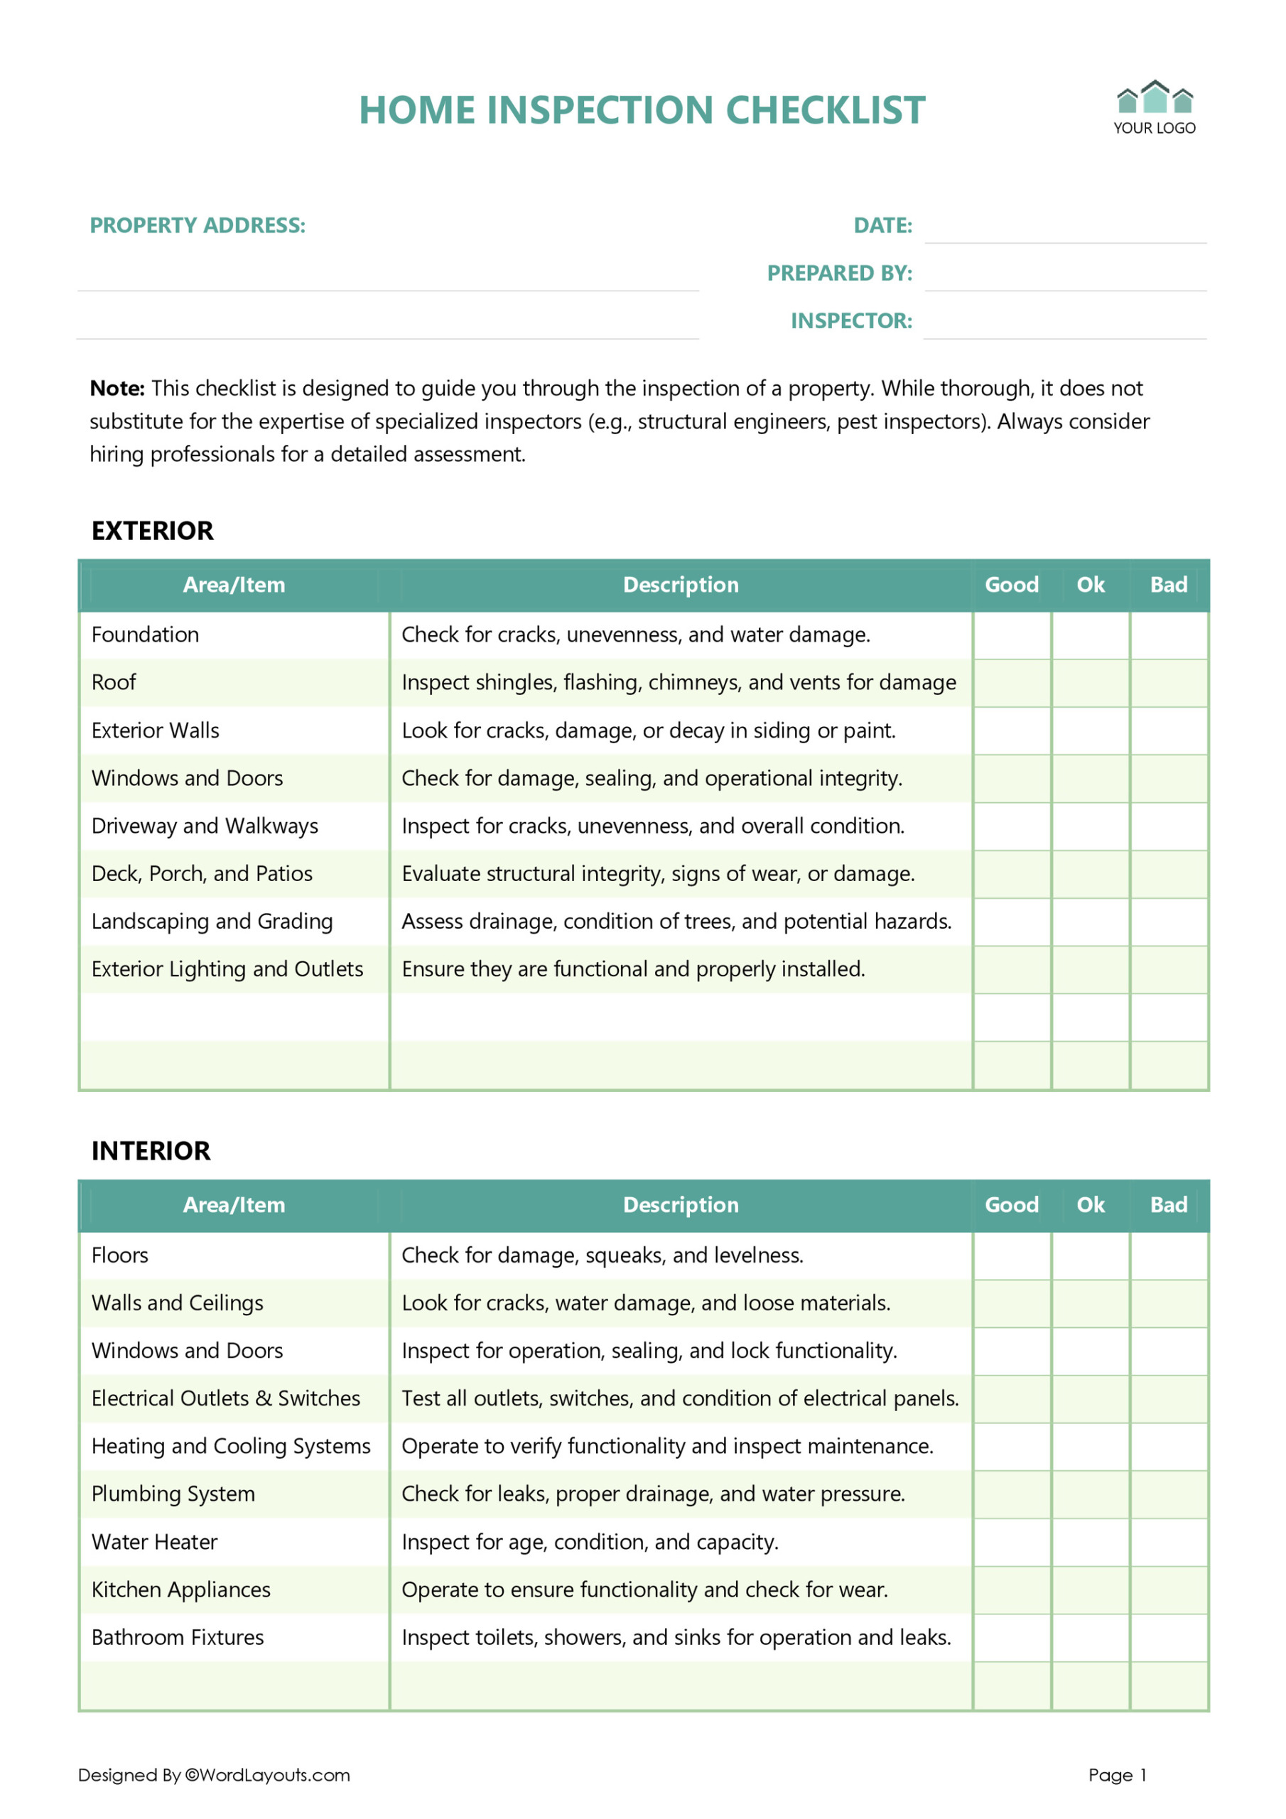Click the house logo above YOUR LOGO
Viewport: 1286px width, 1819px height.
click(1155, 98)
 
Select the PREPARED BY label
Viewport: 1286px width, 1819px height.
click(839, 274)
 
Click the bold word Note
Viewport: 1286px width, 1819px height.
click(117, 388)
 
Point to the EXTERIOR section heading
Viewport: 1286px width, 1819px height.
click(152, 531)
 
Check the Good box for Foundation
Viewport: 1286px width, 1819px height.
click(1012, 635)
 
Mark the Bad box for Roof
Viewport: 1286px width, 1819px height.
click(1169, 683)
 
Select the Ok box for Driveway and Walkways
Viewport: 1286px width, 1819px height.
click(1091, 826)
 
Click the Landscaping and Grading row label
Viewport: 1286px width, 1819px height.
click(212, 922)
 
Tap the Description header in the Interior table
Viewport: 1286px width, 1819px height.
click(681, 1205)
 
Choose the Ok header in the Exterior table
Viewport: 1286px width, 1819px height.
click(1091, 585)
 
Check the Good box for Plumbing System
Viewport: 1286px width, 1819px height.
click(1012, 1494)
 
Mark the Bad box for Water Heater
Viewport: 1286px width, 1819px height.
click(1169, 1543)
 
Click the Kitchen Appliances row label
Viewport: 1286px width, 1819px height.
click(180, 1590)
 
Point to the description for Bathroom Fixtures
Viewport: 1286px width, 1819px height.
click(676, 1638)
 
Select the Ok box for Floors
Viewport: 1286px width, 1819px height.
click(1091, 1256)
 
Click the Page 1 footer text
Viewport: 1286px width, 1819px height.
click(1117, 1775)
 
